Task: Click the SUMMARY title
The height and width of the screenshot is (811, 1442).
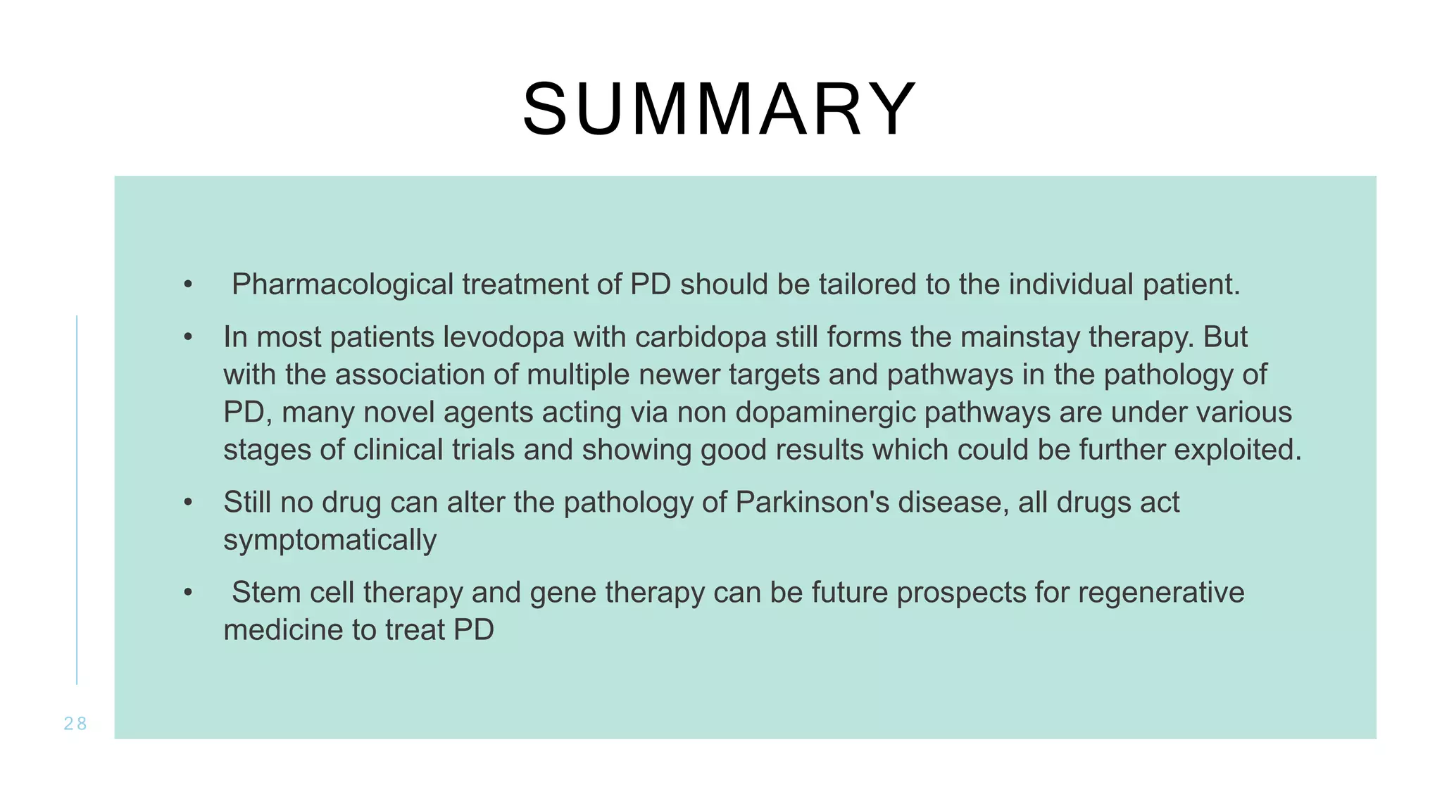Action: coord(720,110)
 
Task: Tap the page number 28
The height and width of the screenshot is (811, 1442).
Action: coord(75,724)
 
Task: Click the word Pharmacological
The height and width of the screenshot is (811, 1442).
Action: coord(342,285)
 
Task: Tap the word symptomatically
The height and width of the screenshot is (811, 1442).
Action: coord(330,541)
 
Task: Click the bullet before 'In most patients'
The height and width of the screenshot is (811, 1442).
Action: coord(187,338)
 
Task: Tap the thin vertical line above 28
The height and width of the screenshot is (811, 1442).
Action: coord(77,500)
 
